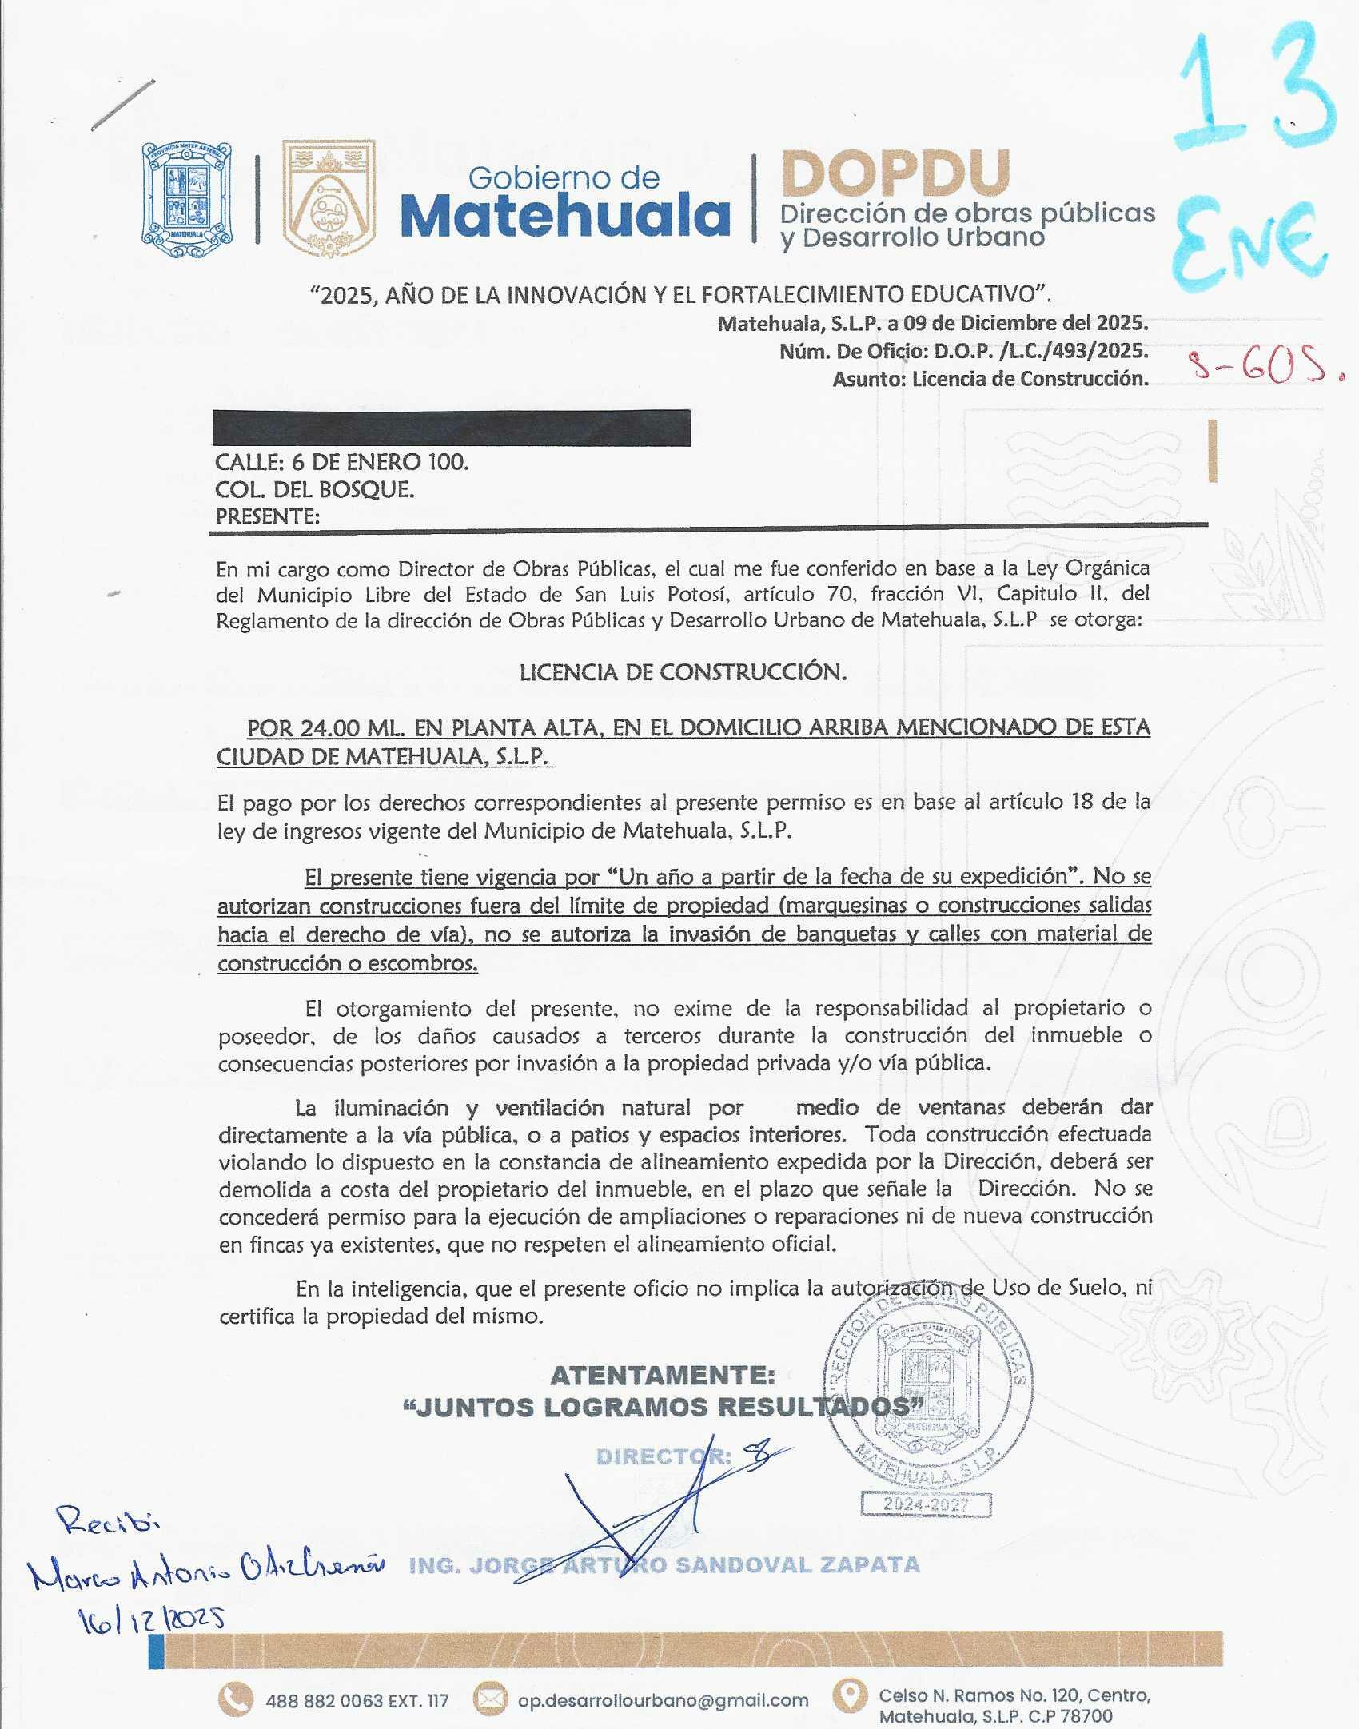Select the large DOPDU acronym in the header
click(895, 173)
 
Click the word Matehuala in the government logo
click(565, 216)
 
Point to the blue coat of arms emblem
click(187, 200)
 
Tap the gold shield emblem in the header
click(329, 198)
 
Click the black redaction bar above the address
click(452, 428)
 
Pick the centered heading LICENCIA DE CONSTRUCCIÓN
click(683, 672)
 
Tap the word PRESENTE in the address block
click(267, 517)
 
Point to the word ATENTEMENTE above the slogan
click(663, 1376)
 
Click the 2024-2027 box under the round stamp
click(926, 1504)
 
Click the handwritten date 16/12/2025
click(150, 1619)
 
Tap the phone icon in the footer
click(236, 1699)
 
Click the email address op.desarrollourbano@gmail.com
click(663, 1700)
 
